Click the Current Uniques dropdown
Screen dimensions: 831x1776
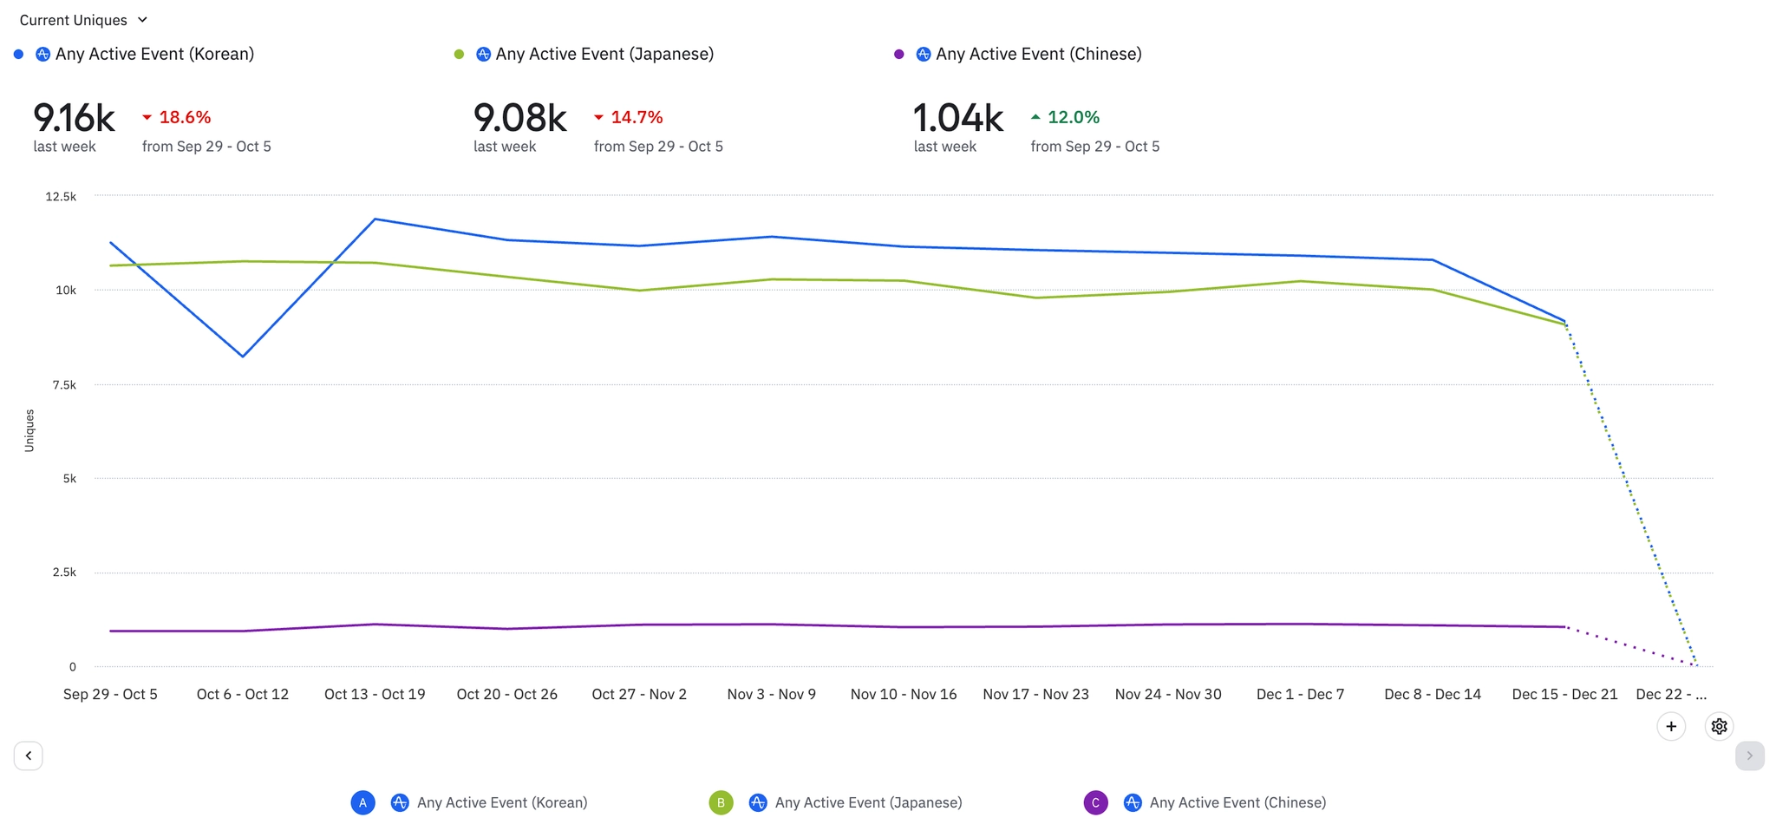(83, 20)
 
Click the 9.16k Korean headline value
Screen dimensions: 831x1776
(74, 118)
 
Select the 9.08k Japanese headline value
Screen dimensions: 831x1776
(519, 118)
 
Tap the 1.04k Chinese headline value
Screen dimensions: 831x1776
(957, 118)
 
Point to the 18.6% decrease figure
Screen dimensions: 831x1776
(184, 117)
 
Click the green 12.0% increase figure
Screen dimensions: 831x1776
(1073, 117)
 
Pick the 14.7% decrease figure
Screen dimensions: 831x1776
(636, 117)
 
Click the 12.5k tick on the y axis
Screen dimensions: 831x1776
(61, 197)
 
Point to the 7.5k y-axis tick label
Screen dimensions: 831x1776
(64, 385)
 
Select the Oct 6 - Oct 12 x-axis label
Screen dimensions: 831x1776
(242, 694)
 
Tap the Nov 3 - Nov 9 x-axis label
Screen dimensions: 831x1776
(771, 694)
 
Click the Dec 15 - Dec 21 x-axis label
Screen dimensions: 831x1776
(1564, 694)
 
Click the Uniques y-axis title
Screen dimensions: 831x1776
(29, 430)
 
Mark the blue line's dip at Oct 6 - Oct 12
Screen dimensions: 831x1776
(243, 356)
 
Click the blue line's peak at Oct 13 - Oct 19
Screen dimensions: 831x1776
(375, 219)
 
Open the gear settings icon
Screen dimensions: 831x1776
(1719, 726)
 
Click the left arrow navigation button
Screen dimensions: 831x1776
(29, 756)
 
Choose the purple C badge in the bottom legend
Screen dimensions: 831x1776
(1095, 802)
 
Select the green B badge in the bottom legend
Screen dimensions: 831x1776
(721, 802)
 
